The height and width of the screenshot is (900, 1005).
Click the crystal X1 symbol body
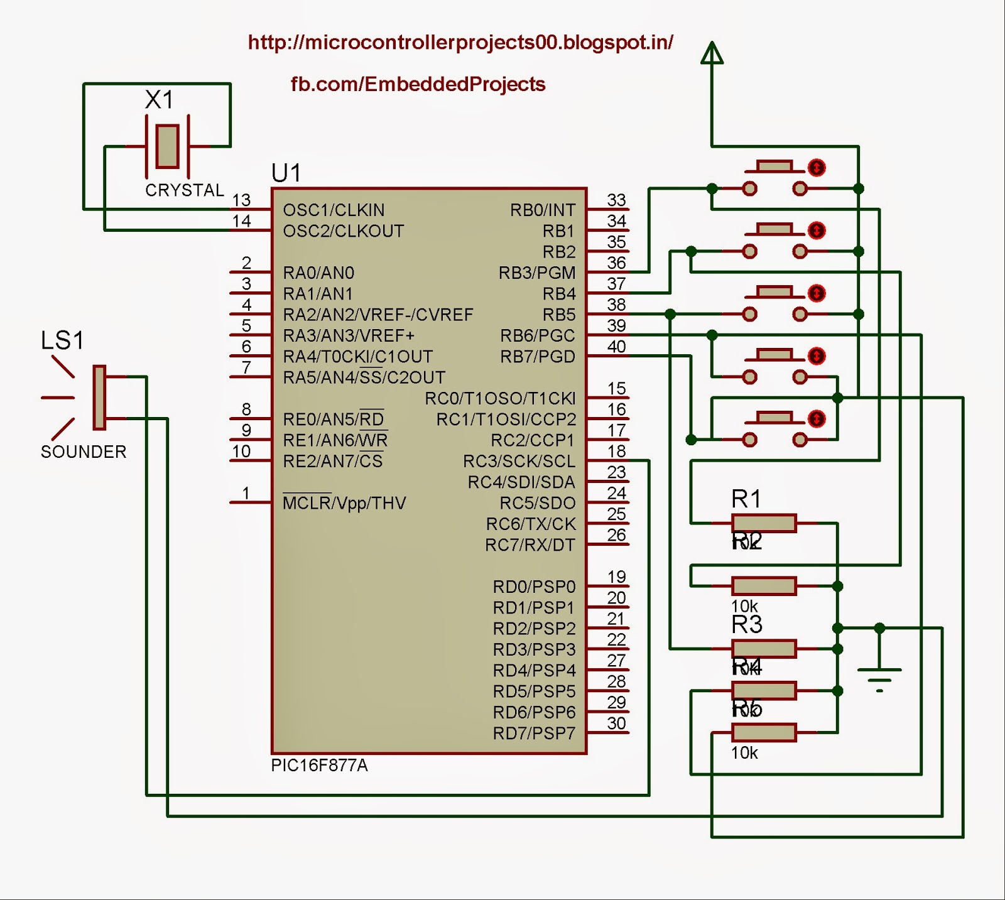coord(167,146)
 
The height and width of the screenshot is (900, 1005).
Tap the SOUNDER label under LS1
coord(84,452)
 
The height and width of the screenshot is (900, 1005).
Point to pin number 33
coord(616,200)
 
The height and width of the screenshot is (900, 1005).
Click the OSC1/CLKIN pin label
coord(334,210)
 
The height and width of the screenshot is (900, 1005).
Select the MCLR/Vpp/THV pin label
coord(344,503)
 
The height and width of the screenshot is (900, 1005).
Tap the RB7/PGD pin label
coord(538,357)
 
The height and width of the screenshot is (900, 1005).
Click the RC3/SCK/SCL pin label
coord(519,461)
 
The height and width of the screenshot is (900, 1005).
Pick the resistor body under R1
coord(764,523)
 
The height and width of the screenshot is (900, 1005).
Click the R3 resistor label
coord(747,624)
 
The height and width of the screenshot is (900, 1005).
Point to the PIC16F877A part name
coord(319,766)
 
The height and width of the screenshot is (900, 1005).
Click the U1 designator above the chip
coord(286,173)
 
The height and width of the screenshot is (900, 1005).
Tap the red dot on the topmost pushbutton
coord(816,168)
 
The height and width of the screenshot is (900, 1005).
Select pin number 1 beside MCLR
coord(246,493)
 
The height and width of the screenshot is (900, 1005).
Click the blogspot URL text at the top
coord(460,42)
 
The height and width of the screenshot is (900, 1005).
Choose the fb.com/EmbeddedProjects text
coord(418,84)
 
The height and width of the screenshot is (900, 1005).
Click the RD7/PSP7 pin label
coord(534,733)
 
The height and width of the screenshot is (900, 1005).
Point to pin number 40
coord(616,346)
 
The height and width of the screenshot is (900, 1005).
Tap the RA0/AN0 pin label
coord(318,273)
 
